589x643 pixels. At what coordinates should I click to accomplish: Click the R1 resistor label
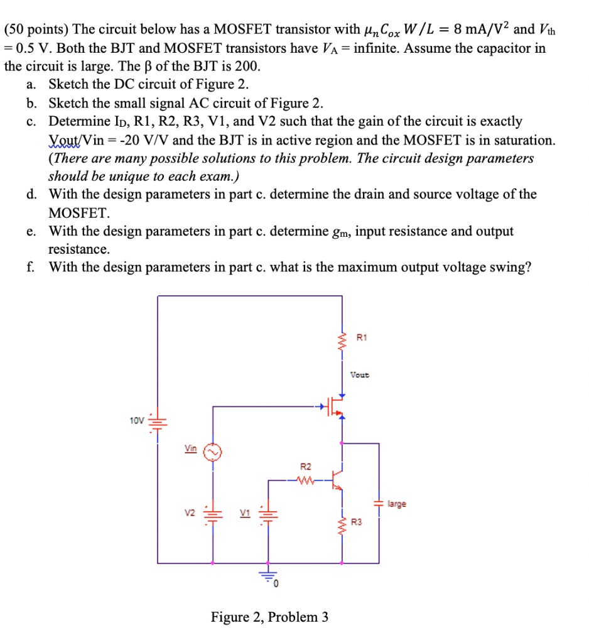click(360, 338)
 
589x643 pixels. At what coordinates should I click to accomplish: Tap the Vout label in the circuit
click(360, 375)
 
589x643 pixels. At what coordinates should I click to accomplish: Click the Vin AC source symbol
click(212, 452)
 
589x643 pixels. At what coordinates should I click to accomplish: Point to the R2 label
click(306, 467)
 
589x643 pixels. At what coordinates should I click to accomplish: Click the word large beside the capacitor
click(397, 504)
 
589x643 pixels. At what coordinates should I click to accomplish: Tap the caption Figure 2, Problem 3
click(269, 617)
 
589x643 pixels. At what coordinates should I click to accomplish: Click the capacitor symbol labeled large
click(379, 504)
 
